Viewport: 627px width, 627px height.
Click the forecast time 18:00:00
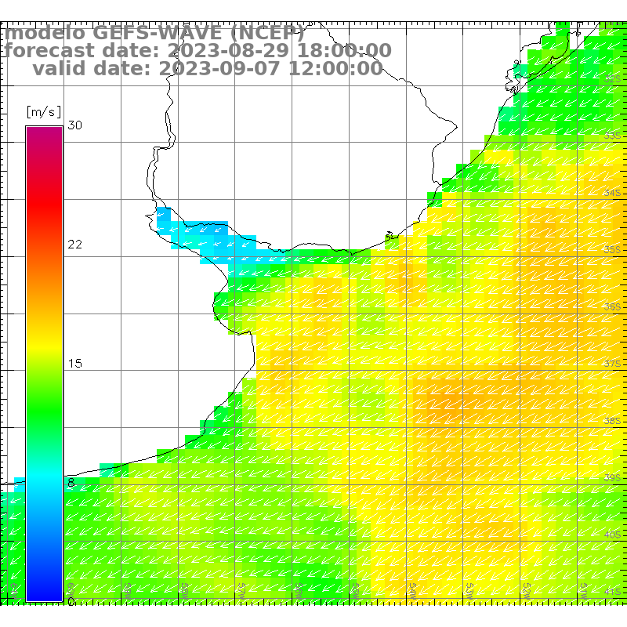tap(342, 51)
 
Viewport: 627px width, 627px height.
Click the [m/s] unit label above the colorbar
tap(43, 112)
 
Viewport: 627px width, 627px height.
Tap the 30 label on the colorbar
tap(74, 125)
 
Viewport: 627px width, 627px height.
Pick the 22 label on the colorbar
tap(74, 245)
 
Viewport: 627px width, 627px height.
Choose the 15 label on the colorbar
tap(74, 364)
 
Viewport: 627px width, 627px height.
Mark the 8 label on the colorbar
tap(71, 483)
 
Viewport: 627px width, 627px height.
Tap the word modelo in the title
tap(45, 33)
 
